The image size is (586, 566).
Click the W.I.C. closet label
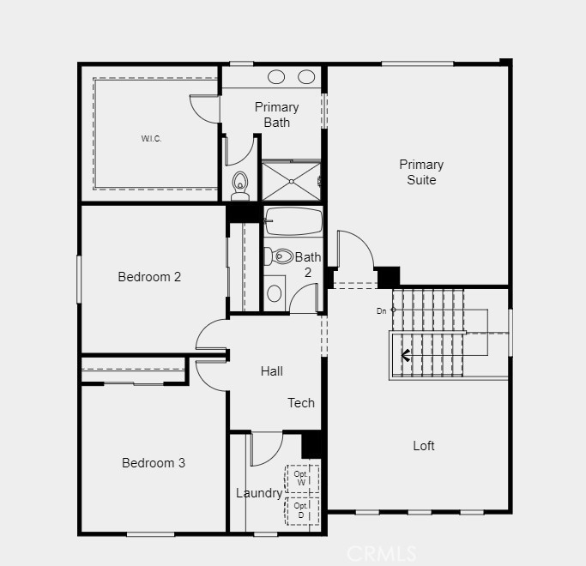(x=151, y=139)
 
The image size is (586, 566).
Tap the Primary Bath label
(x=276, y=114)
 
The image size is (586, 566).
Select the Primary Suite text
(x=421, y=172)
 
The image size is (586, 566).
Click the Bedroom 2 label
(x=149, y=277)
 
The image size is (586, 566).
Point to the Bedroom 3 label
(x=154, y=463)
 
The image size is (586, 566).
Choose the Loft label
(x=424, y=446)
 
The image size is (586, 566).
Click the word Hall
(x=272, y=371)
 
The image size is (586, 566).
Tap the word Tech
(x=301, y=403)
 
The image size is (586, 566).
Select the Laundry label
(x=258, y=493)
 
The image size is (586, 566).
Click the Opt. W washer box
(x=301, y=478)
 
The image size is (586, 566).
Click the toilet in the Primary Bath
(x=240, y=184)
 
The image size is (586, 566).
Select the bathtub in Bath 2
(x=293, y=221)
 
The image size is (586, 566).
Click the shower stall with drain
(x=291, y=181)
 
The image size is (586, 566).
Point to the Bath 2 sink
(x=275, y=293)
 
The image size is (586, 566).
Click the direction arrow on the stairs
(x=406, y=354)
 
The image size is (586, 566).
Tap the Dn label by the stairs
(x=381, y=310)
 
